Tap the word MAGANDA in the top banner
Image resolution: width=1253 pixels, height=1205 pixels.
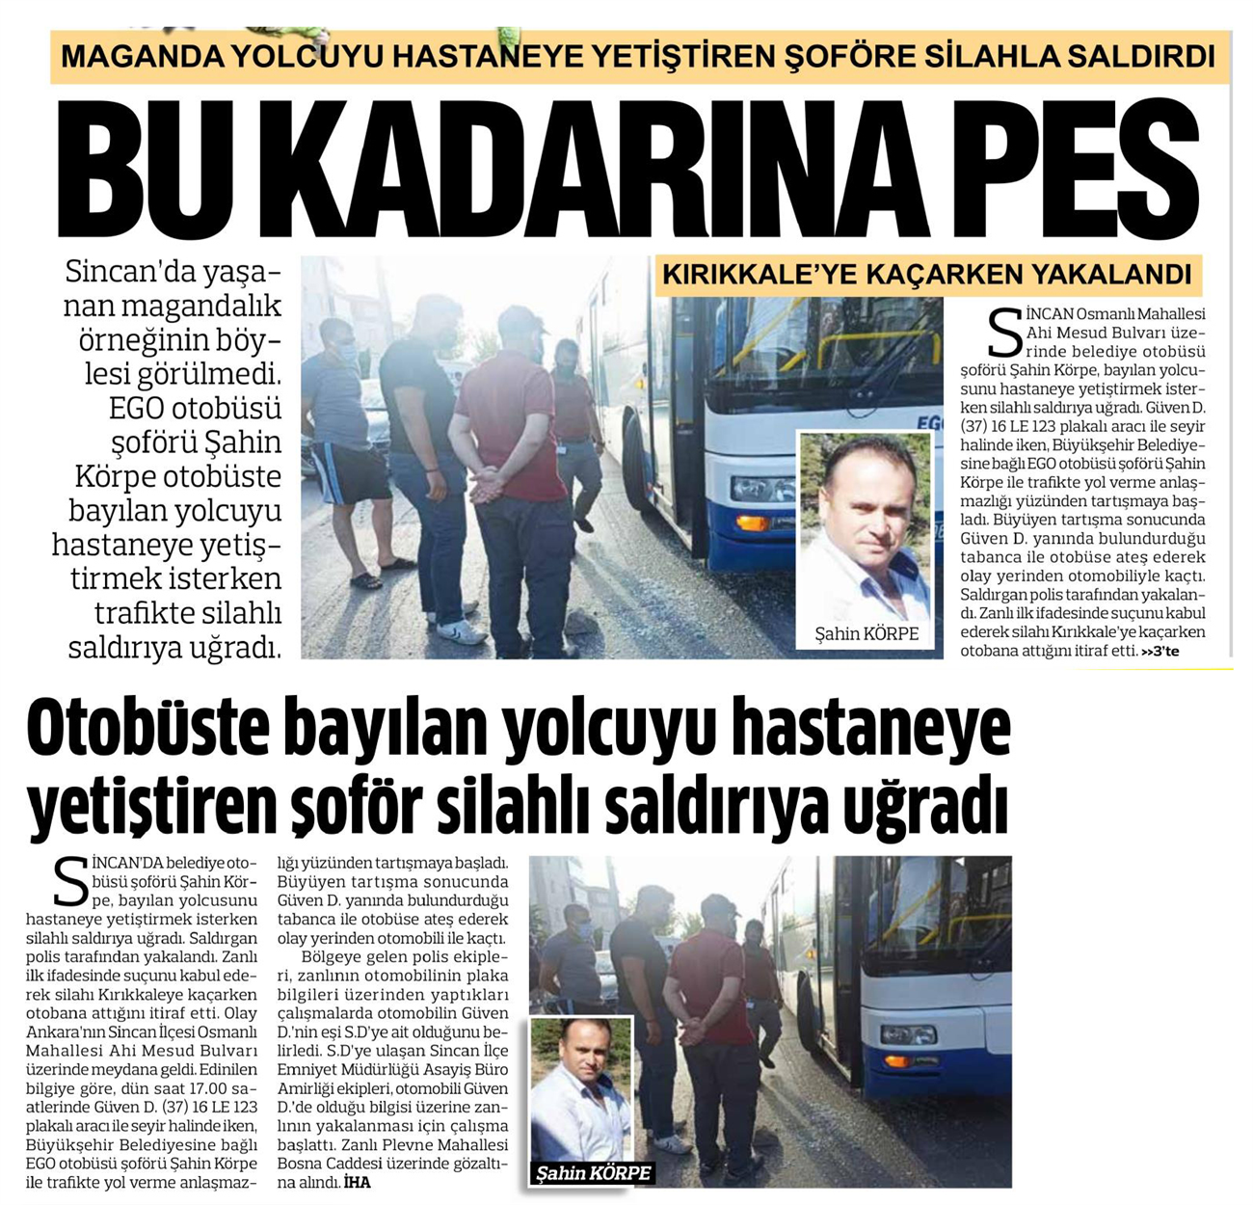pos(141,56)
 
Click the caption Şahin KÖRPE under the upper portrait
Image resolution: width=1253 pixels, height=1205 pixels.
pos(866,633)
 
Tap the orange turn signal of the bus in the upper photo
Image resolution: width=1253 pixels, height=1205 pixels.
pos(753,523)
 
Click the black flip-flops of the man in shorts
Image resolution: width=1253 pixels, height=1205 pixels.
pos(381,575)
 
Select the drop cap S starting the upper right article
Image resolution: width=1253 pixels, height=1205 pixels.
pos(1005,333)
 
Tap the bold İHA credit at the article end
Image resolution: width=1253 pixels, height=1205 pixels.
pos(358,1182)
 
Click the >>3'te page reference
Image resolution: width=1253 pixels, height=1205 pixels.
pos(1160,653)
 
